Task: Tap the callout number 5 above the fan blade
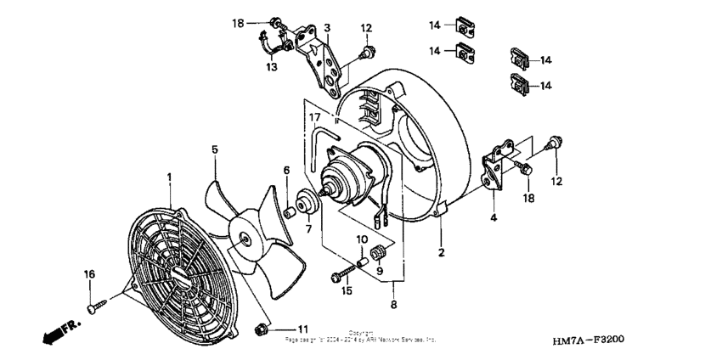[x=215, y=149]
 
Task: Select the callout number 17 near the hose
[x=313, y=117]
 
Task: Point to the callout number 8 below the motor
[x=392, y=304]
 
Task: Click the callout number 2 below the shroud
[x=440, y=253]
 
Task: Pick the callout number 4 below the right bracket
[x=494, y=218]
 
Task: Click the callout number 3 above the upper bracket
[x=326, y=28]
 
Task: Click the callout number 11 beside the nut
[x=302, y=328]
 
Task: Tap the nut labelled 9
[x=380, y=250]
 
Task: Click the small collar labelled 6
[x=292, y=210]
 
